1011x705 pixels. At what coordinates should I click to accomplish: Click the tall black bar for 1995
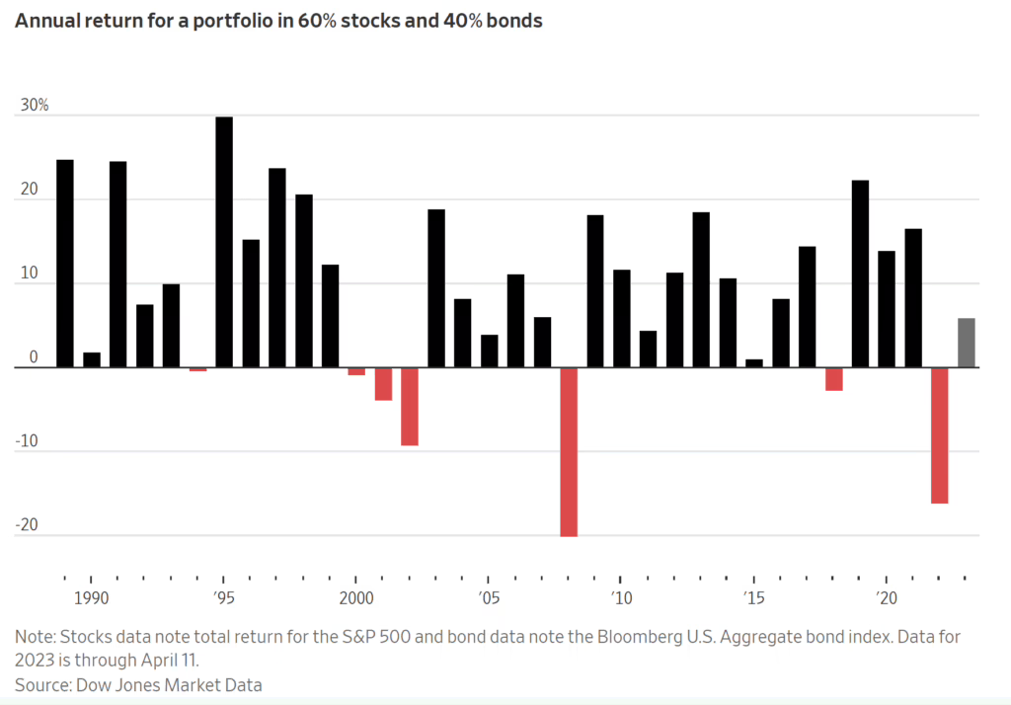click(x=224, y=242)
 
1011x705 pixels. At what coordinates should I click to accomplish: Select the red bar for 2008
click(x=569, y=451)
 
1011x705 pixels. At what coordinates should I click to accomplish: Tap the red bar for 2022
click(x=939, y=435)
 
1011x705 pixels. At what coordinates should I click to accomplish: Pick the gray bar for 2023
click(x=966, y=343)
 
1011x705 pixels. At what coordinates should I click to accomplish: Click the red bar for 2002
click(x=410, y=406)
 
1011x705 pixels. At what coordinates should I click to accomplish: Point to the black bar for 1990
click(x=92, y=359)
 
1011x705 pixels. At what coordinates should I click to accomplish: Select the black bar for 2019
click(x=860, y=274)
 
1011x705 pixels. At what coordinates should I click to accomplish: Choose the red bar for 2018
click(x=833, y=379)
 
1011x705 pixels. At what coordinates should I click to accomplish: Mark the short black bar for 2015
click(x=754, y=363)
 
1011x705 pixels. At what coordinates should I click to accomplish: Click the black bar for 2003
click(x=436, y=288)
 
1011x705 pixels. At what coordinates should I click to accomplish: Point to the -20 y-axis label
click(x=27, y=525)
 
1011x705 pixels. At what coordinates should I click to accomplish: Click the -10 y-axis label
click(x=27, y=441)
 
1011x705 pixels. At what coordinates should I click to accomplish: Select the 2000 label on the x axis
click(x=356, y=598)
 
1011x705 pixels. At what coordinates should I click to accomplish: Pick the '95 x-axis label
click(x=224, y=598)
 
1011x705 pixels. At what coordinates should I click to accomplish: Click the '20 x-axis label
click(x=886, y=598)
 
